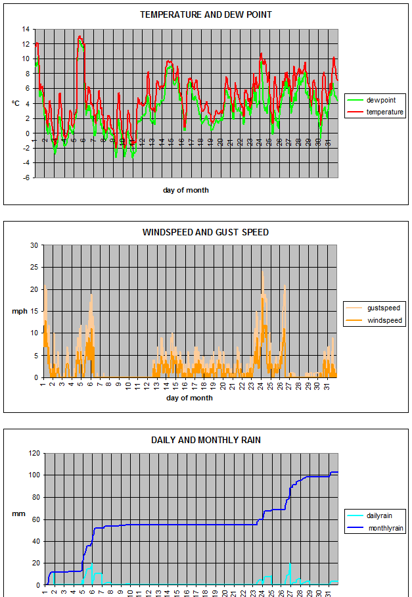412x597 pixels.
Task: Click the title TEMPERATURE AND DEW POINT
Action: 206,14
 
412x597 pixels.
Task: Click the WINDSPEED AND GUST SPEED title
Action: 206,232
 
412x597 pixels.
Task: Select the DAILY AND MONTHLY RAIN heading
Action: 206,440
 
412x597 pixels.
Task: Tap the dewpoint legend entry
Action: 381,100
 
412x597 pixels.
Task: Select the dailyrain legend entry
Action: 380,515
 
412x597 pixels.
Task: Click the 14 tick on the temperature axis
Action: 26,29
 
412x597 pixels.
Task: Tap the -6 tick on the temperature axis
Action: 26,178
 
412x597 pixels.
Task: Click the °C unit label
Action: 14,103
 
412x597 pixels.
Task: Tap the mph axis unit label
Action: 20,312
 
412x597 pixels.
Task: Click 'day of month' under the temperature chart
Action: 186,190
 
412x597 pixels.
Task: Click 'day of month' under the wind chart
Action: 191,398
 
